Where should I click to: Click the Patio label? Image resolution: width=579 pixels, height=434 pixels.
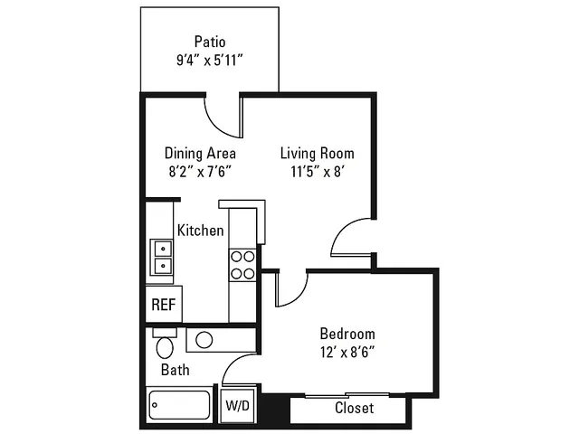210,42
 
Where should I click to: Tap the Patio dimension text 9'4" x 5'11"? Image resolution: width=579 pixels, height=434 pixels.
210,60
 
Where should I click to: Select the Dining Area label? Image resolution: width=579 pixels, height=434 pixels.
200,153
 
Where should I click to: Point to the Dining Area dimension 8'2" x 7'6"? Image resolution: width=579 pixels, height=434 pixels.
200,172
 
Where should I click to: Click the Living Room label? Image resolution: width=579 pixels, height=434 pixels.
318,153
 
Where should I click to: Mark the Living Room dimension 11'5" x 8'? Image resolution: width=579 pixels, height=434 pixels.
318,172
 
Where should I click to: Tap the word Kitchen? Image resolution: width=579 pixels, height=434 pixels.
201,231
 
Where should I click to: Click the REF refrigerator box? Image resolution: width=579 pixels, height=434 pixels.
164,304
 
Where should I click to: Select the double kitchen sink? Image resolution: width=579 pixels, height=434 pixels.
161,257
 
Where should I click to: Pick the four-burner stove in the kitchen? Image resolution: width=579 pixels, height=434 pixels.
242,265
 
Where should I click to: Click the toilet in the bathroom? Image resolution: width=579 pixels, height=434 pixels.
165,344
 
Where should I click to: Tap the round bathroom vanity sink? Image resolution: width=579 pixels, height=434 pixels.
204,340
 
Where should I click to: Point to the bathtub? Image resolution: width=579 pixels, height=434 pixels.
179,405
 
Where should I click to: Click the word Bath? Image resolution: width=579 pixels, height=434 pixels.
176,370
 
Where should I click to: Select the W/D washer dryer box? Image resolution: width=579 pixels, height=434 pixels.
237,406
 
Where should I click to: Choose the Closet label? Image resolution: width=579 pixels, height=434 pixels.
354,408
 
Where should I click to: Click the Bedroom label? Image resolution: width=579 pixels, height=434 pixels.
347,334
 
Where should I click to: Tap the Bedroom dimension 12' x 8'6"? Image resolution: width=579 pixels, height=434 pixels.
347,353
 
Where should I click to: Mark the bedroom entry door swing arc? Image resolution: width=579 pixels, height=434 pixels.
299,297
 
